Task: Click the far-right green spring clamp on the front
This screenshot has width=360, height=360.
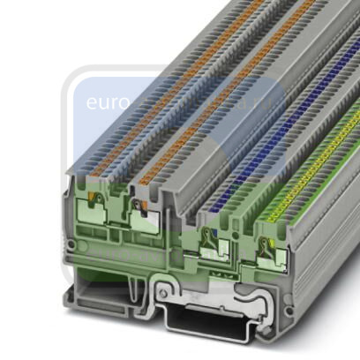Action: click(x=268, y=251)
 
